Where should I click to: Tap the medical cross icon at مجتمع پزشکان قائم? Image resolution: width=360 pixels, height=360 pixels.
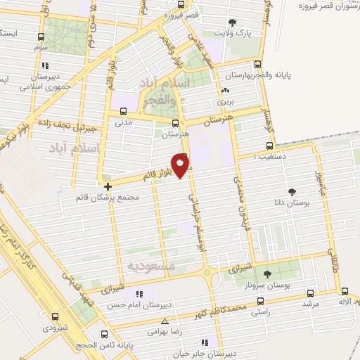click(107, 187)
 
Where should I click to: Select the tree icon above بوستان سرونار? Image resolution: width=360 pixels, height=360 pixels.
click(266, 274)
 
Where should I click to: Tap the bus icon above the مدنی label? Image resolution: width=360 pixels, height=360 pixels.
click(124, 110)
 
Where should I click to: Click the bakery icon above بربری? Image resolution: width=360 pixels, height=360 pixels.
click(224, 91)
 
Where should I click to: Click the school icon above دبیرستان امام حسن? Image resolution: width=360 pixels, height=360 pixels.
click(139, 294)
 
